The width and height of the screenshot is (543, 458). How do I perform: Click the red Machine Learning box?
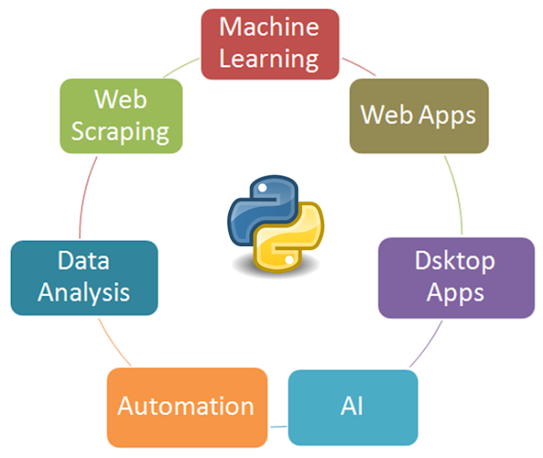[270, 43]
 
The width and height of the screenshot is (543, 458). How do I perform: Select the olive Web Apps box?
[418, 115]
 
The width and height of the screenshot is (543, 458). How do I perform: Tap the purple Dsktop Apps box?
[455, 277]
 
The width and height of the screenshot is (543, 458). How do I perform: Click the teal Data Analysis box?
[83, 277]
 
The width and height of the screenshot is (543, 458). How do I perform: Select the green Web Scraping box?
[121, 115]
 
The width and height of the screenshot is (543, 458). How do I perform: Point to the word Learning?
[270, 59]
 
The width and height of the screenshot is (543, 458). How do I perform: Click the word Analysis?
[83, 293]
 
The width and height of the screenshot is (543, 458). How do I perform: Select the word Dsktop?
[455, 261]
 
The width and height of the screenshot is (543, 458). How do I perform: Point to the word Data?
[83, 261]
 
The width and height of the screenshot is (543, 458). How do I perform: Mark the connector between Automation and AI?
[279, 424]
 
